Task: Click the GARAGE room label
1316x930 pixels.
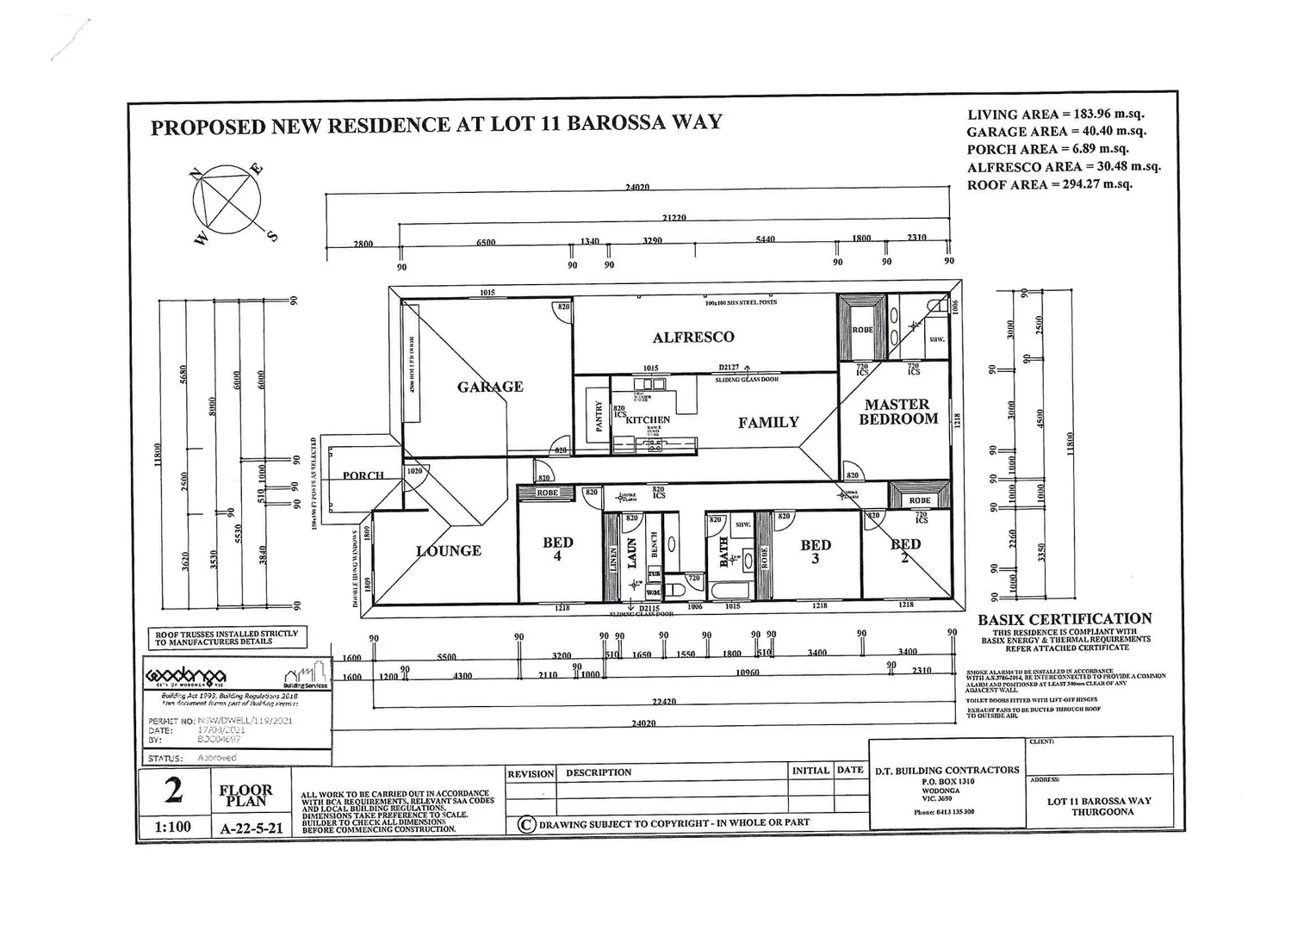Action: tap(490, 387)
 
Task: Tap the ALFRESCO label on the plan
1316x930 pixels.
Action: tap(693, 338)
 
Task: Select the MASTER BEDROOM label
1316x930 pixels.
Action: tap(897, 412)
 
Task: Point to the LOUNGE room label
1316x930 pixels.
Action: tap(449, 550)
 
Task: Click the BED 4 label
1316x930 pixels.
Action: tap(558, 549)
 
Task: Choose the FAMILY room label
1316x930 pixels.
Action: tap(768, 422)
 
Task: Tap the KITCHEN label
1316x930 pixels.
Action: tap(648, 419)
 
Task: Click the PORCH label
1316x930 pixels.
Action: tap(363, 475)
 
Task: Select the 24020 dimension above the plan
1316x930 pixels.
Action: tap(637, 187)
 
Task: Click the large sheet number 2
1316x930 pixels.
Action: tap(174, 790)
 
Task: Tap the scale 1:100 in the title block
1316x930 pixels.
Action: tap(173, 827)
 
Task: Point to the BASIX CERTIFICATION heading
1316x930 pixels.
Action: tap(1065, 619)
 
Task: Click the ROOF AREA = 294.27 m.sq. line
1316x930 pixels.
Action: tap(1049, 184)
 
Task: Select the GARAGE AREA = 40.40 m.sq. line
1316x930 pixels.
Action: tap(1056, 132)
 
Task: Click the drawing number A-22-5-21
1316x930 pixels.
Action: tap(251, 828)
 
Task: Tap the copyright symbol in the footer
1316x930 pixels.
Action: tap(526, 824)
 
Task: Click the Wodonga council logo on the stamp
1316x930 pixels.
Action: tap(186, 675)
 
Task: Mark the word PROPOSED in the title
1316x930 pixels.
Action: tap(208, 127)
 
